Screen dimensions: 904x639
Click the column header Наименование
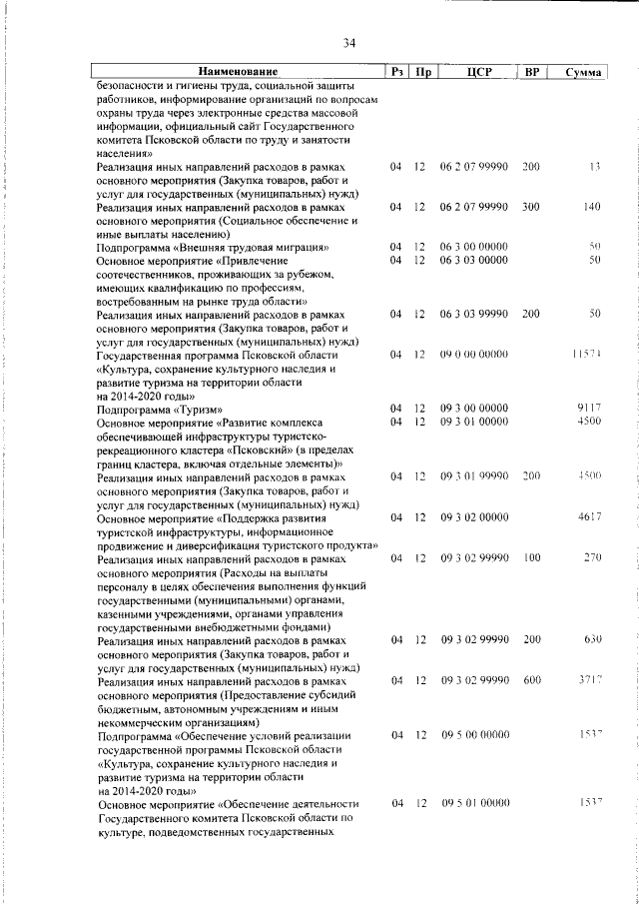pos(238,72)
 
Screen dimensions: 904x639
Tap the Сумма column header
pos(582,73)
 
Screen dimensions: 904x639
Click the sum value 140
pos(592,207)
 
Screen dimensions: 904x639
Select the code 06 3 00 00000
pos(474,247)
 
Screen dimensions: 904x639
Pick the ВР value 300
pos(530,207)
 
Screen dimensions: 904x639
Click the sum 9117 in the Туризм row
pos(589,409)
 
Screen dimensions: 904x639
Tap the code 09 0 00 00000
pos(474,355)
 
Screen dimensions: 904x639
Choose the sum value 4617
pos(589,516)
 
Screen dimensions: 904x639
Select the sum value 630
pos(591,638)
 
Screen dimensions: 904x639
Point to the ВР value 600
pos(530,679)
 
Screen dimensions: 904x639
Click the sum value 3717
pos(589,679)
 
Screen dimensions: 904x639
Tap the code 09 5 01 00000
pos(474,802)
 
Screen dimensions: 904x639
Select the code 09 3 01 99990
pos(474,476)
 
